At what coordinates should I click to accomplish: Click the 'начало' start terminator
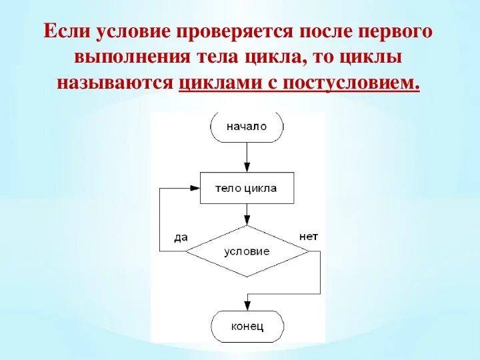pos(247,127)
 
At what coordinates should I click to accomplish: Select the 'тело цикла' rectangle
pos(247,188)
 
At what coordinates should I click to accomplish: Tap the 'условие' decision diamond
pos(247,251)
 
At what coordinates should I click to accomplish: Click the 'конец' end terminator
pos(247,326)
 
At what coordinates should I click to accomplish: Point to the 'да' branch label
pos(180,237)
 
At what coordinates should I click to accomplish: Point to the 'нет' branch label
pos(307,236)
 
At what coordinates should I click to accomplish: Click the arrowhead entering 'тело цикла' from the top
pos(247,167)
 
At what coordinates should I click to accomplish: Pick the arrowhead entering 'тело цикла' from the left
pos(195,188)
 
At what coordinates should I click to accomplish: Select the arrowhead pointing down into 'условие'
pos(247,220)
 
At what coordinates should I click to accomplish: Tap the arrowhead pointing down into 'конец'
pos(247,306)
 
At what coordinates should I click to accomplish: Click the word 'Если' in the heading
pos(66,32)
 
